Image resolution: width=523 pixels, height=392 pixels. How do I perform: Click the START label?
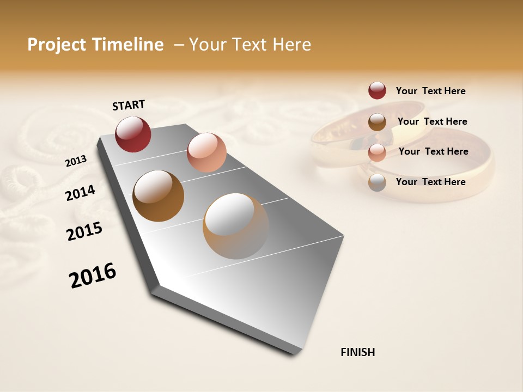[129, 105]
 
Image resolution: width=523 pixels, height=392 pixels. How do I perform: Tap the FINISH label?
[357, 352]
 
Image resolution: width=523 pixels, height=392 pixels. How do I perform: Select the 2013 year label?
[76, 161]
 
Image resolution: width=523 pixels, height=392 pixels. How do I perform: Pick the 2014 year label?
[80, 193]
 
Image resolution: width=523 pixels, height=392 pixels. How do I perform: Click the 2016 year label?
[93, 275]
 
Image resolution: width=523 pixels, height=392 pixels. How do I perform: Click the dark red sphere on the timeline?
[133, 134]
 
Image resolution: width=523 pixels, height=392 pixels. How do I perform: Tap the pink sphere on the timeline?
[206, 152]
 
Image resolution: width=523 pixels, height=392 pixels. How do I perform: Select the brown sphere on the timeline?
[158, 196]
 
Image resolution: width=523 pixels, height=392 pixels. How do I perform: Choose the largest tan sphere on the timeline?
[235, 226]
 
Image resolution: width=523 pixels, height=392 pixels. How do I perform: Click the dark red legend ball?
[377, 91]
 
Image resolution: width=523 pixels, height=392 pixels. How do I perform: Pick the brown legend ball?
[377, 122]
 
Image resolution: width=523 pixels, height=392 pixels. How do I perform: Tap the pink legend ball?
[377, 152]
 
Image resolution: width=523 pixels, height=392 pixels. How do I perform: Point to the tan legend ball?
[377, 182]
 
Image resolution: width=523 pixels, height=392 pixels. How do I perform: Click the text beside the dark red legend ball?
[430, 91]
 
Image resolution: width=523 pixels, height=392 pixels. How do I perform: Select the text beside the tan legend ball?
[430, 182]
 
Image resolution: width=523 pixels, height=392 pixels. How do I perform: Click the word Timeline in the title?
[128, 45]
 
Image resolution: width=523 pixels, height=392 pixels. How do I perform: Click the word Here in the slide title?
[292, 45]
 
